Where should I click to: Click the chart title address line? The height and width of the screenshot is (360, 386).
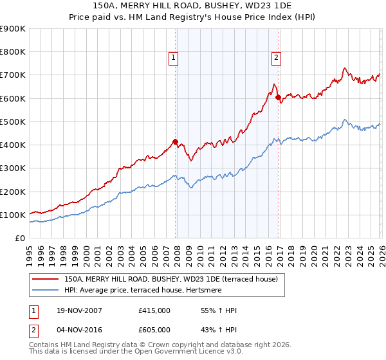193,6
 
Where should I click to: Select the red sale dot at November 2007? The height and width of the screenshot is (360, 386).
175,141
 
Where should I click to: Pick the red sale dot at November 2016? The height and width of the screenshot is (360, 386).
278,98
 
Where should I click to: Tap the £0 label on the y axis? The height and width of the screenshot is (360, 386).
19,238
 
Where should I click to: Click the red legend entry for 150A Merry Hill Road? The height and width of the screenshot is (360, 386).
170,279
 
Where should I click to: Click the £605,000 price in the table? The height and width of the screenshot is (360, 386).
154,329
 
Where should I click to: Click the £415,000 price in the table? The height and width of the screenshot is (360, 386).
154,310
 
